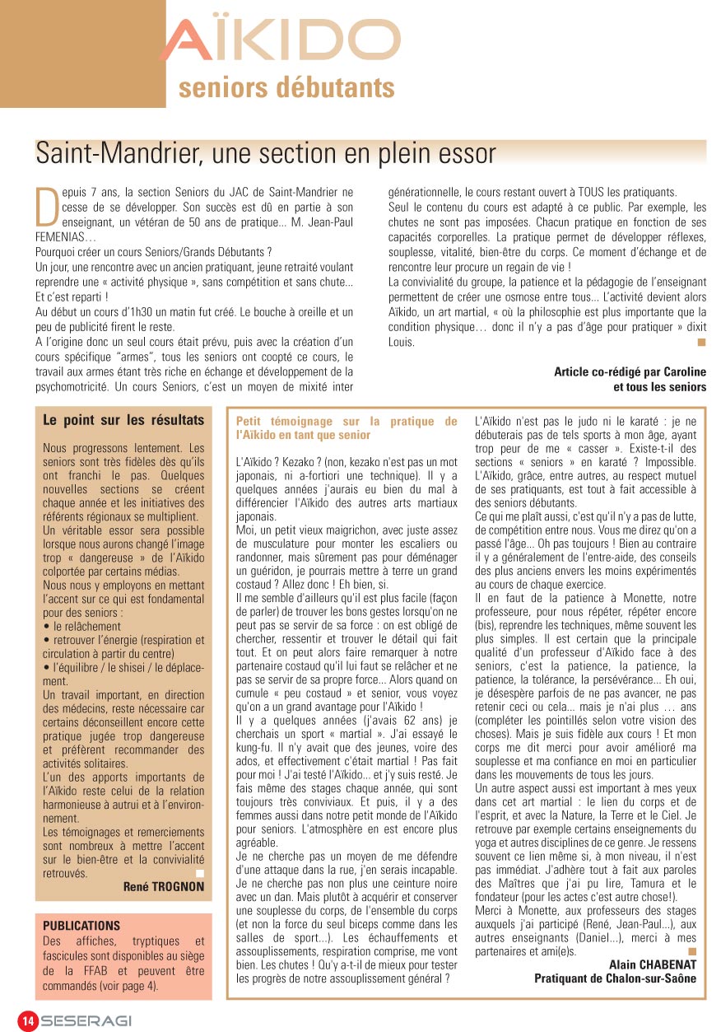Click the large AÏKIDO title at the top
[x=280, y=41]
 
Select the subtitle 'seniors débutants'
[x=286, y=87]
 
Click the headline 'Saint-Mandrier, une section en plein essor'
[x=266, y=152]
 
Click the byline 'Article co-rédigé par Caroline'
[x=630, y=371]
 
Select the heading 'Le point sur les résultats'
[x=123, y=420]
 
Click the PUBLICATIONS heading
[x=81, y=926]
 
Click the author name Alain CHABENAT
[x=653, y=964]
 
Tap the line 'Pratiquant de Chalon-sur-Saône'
[x=615, y=978]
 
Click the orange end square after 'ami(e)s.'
[x=691, y=950]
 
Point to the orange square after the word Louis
[x=701, y=341]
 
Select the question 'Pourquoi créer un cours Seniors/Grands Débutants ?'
[x=154, y=251]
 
